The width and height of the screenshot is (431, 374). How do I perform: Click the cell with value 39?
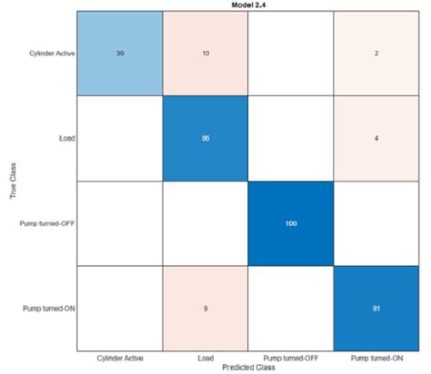click(x=120, y=54)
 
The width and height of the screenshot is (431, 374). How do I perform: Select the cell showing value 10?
click(x=206, y=54)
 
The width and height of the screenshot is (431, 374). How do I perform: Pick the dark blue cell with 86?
click(x=206, y=138)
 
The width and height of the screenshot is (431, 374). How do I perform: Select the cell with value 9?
click(x=206, y=308)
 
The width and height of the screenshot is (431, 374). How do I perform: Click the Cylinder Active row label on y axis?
click(x=51, y=54)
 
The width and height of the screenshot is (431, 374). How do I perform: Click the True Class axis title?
click(x=11, y=181)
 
